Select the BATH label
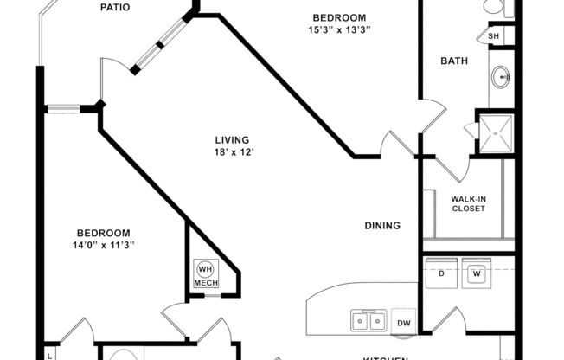453,61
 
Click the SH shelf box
494,36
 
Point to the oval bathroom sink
502,78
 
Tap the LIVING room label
233,139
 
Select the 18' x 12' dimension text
234,152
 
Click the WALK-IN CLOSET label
468,203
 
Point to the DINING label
381,226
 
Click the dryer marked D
442,273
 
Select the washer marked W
477,273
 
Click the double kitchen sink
368,321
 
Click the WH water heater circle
206,268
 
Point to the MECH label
205,283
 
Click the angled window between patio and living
159,45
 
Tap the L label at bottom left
49,354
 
